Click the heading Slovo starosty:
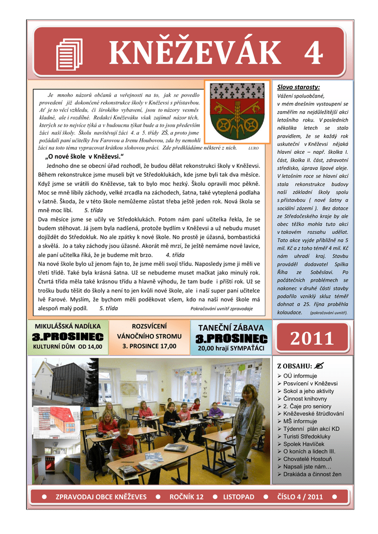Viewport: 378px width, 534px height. coord(298,87)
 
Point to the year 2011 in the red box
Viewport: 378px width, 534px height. coord(312,339)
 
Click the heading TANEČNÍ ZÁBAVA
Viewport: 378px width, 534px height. coord(231,327)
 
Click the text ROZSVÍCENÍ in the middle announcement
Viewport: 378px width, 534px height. coord(149,326)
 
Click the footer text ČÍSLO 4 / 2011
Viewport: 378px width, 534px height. coord(300,497)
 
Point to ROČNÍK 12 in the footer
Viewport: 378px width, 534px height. coord(186,497)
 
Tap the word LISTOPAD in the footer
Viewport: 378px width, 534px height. coord(239,497)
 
